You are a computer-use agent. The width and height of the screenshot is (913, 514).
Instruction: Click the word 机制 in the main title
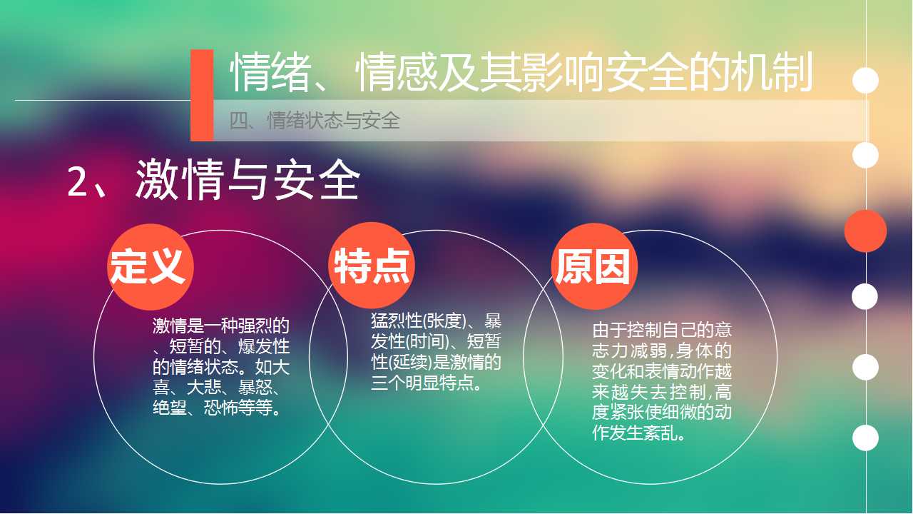772,73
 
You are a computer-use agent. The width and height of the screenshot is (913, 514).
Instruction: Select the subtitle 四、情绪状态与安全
315,121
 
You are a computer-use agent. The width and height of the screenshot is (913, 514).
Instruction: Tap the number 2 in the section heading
78,181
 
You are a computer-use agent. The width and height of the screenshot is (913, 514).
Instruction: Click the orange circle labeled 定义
150,267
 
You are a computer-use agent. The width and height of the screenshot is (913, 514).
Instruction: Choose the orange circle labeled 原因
594,266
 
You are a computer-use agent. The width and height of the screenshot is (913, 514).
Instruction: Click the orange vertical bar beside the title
202,96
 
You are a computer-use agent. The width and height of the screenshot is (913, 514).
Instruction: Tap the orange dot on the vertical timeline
865,231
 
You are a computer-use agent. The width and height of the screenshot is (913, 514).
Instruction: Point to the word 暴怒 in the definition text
255,388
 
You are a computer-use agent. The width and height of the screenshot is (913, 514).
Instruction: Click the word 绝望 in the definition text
170,408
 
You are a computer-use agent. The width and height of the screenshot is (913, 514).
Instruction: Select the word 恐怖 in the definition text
221,408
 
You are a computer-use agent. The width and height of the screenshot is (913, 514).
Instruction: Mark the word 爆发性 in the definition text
264,346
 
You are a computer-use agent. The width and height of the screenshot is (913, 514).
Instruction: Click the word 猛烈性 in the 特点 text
396,321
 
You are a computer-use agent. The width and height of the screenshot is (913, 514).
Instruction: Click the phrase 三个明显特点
422,383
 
